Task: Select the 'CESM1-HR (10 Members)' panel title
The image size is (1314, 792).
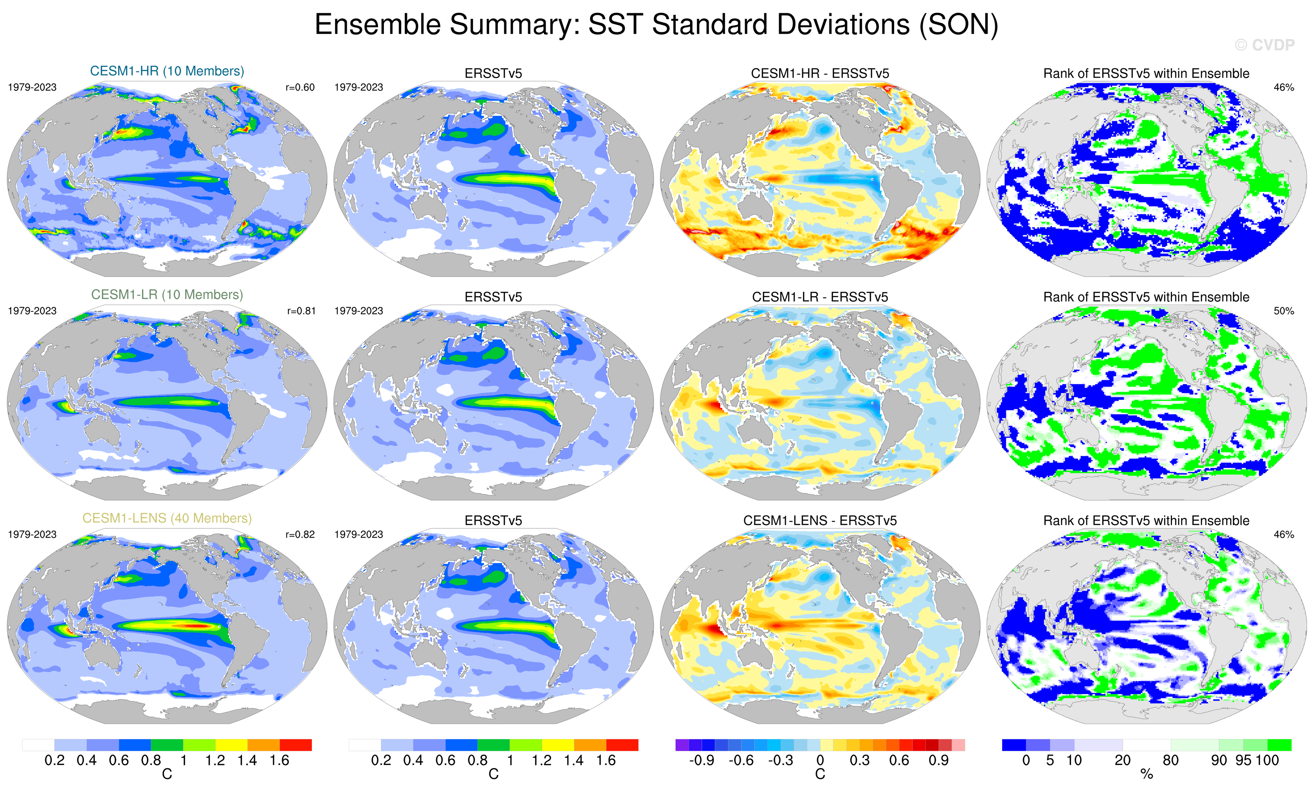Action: tap(167, 71)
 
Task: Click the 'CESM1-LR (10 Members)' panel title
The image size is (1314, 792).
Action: tap(167, 294)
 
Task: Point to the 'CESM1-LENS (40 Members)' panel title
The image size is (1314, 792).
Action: tap(167, 518)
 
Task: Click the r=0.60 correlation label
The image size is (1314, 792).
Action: tap(300, 87)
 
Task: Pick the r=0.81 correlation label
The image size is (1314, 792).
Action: tap(301, 311)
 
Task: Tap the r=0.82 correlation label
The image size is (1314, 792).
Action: tap(300, 534)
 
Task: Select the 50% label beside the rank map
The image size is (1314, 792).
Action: tap(1283, 311)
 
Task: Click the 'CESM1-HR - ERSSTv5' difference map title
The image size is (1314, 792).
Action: tap(820, 73)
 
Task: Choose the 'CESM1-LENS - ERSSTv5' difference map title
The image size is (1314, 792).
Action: tap(820, 521)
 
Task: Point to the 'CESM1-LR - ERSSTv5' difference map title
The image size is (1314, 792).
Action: tap(820, 297)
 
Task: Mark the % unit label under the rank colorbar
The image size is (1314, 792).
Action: tap(1146, 775)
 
